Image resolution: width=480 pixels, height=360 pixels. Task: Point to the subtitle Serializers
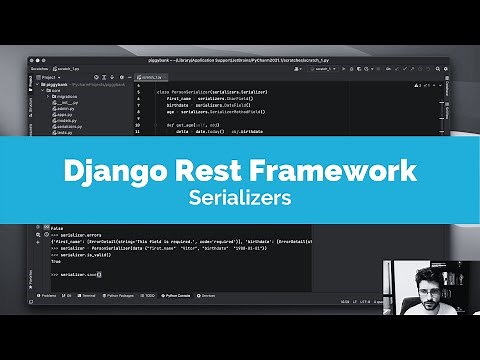point(240,198)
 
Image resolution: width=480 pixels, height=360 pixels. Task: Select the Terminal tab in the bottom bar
point(88,297)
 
